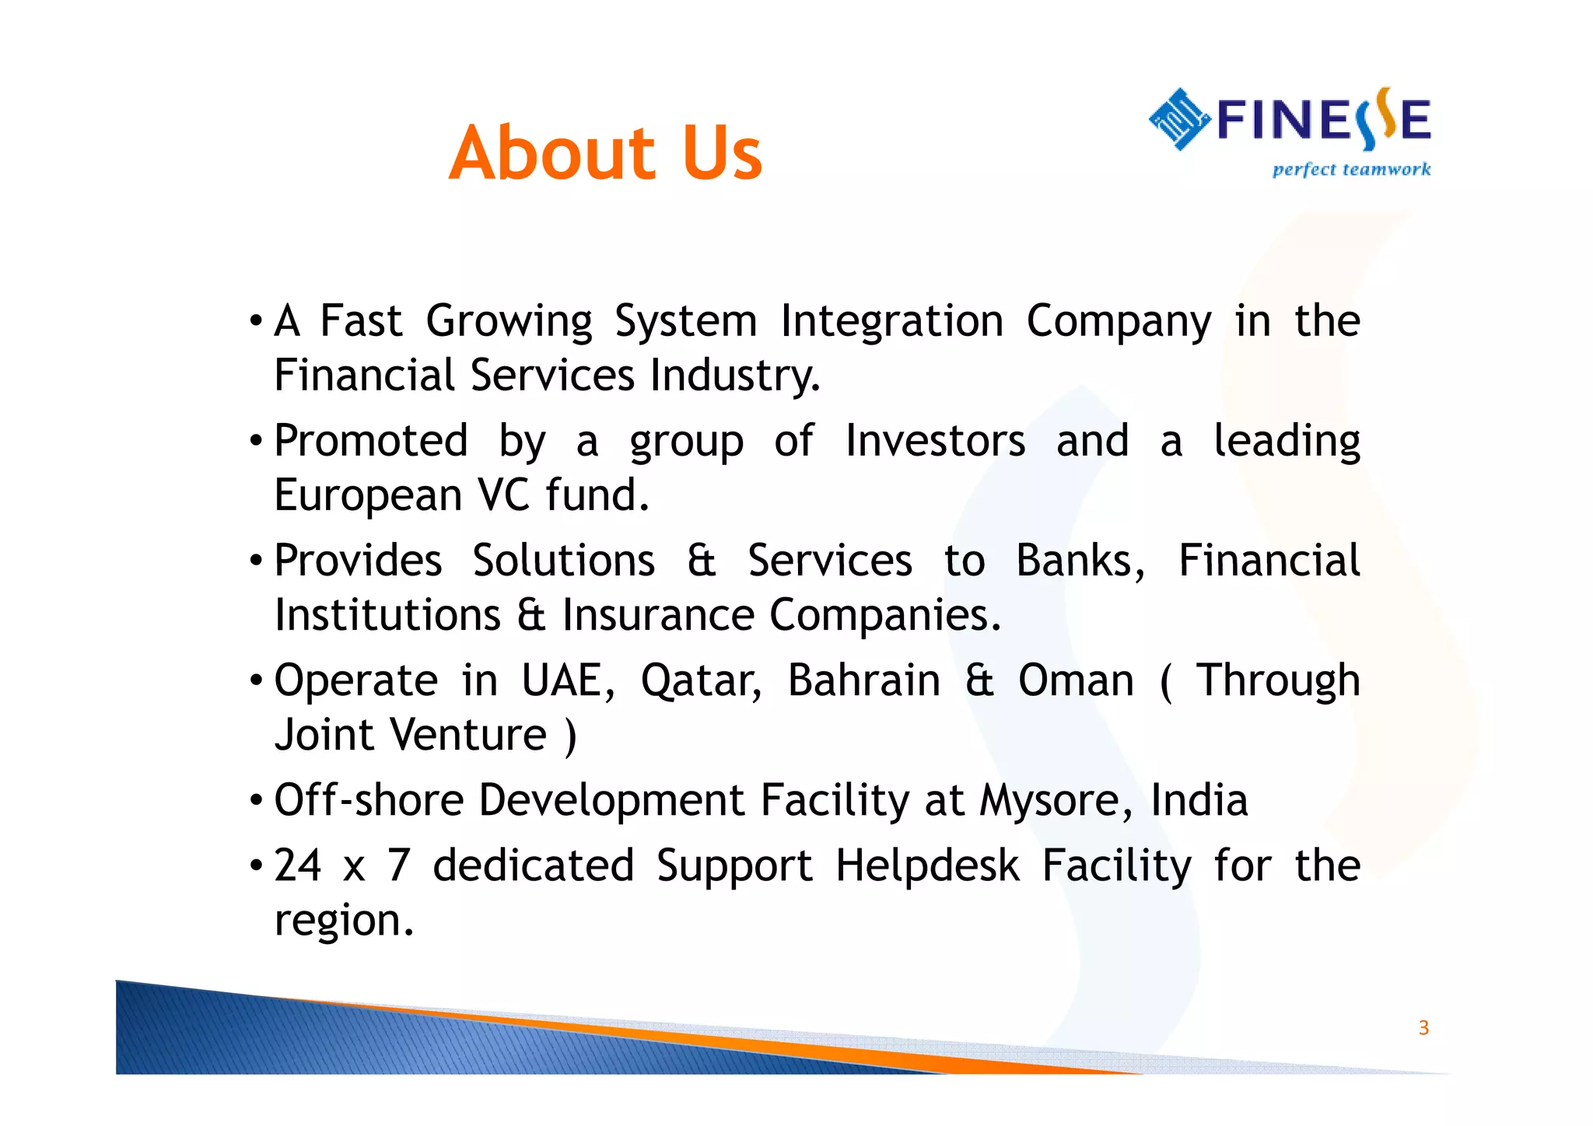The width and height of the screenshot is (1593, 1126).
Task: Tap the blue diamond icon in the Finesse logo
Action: click(x=1179, y=119)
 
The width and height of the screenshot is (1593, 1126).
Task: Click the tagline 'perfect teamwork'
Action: click(x=1351, y=170)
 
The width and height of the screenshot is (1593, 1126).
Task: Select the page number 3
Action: click(x=1423, y=1028)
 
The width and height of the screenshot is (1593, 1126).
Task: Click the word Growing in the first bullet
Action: click(x=509, y=322)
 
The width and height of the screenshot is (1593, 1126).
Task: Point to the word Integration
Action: click(x=892, y=322)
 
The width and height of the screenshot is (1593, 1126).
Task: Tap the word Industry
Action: click(x=734, y=376)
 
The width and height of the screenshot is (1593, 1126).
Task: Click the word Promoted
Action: click(x=371, y=442)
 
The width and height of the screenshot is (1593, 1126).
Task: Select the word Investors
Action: click(x=935, y=442)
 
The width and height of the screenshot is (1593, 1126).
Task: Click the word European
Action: click(x=368, y=496)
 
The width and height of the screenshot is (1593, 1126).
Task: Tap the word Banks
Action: click(x=1080, y=561)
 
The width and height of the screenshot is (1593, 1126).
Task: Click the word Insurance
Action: click(x=658, y=616)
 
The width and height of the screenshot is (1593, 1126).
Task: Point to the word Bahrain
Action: click(x=864, y=681)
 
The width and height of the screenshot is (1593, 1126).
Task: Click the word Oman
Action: click(x=1076, y=681)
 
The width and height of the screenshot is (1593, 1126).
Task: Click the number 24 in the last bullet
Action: click(x=298, y=865)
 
